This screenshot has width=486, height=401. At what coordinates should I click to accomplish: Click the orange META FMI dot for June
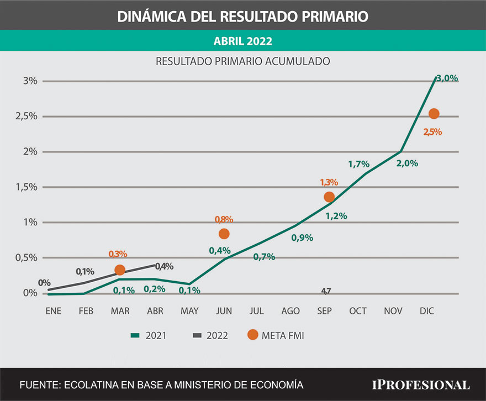pos(224,234)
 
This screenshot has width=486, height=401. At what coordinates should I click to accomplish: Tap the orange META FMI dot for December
pos(434,113)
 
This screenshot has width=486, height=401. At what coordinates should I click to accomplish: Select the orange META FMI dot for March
pos(120,270)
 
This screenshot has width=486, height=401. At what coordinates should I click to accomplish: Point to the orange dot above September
pos(329,197)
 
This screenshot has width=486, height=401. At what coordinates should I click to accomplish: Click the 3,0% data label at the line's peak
pos(447,78)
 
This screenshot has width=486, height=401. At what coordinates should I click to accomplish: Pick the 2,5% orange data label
pos(432,132)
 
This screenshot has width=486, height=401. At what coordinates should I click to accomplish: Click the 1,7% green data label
pos(358,163)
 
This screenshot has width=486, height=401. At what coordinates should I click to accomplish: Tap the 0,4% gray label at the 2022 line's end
pos(164,266)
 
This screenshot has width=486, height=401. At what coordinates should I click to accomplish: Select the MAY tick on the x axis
pos(189,312)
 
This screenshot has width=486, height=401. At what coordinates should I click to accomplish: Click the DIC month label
pos(427,312)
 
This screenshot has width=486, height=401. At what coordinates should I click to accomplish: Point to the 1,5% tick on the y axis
pos(27,187)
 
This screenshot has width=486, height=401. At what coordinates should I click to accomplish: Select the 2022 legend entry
pos(209,335)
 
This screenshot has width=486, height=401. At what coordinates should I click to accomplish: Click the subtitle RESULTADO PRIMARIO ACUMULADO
pos(243,61)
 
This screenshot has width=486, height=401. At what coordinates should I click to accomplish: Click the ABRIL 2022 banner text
pos(243,41)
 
